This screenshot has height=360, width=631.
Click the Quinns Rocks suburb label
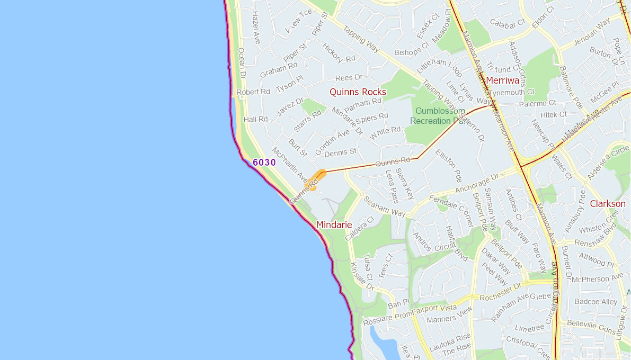[358, 92]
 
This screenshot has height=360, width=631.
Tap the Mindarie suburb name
[334, 224]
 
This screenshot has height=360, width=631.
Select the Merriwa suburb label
[502, 80]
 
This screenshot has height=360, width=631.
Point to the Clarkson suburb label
[608, 204]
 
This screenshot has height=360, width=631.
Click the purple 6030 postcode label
[264, 163]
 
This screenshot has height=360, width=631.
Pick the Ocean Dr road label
[242, 63]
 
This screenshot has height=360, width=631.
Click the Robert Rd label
[253, 92]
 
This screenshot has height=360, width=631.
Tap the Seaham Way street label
[384, 206]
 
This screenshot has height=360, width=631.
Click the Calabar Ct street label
[507, 23]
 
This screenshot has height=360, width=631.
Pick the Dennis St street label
[340, 152]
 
